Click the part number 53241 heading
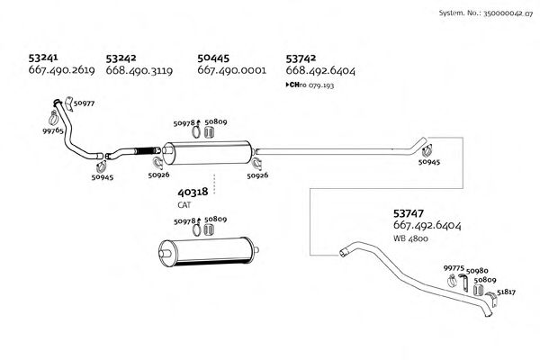pyautogui.click(x=47, y=58)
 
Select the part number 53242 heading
pyautogui.click(x=122, y=58)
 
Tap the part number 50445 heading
pyautogui.click(x=214, y=58)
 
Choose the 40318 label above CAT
pyautogui.click(x=193, y=193)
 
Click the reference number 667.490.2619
pyautogui.click(x=62, y=70)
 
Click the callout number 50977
pyautogui.click(x=85, y=104)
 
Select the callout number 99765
pyautogui.click(x=53, y=131)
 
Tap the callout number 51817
pyautogui.click(x=507, y=293)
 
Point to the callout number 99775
pyautogui.click(x=454, y=267)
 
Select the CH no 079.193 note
pyautogui.click(x=310, y=84)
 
